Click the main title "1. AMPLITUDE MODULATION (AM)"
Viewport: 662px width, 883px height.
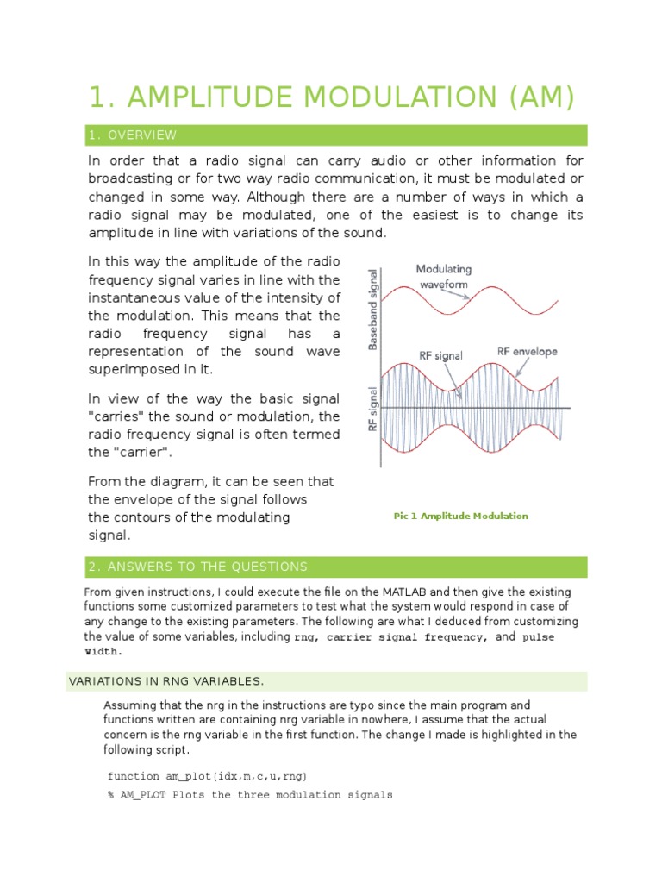(331, 97)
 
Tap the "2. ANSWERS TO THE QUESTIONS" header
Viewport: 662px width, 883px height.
(197, 567)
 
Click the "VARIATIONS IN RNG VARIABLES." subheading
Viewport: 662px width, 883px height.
(154, 682)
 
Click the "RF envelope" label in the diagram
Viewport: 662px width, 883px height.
(528, 351)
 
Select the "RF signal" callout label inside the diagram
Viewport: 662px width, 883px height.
(441, 354)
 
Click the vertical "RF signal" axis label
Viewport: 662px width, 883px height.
(372, 408)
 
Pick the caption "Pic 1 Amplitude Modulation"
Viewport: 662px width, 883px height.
(460, 516)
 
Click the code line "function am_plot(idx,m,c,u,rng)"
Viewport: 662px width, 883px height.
(207, 775)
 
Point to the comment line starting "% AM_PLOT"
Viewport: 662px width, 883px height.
(250, 794)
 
